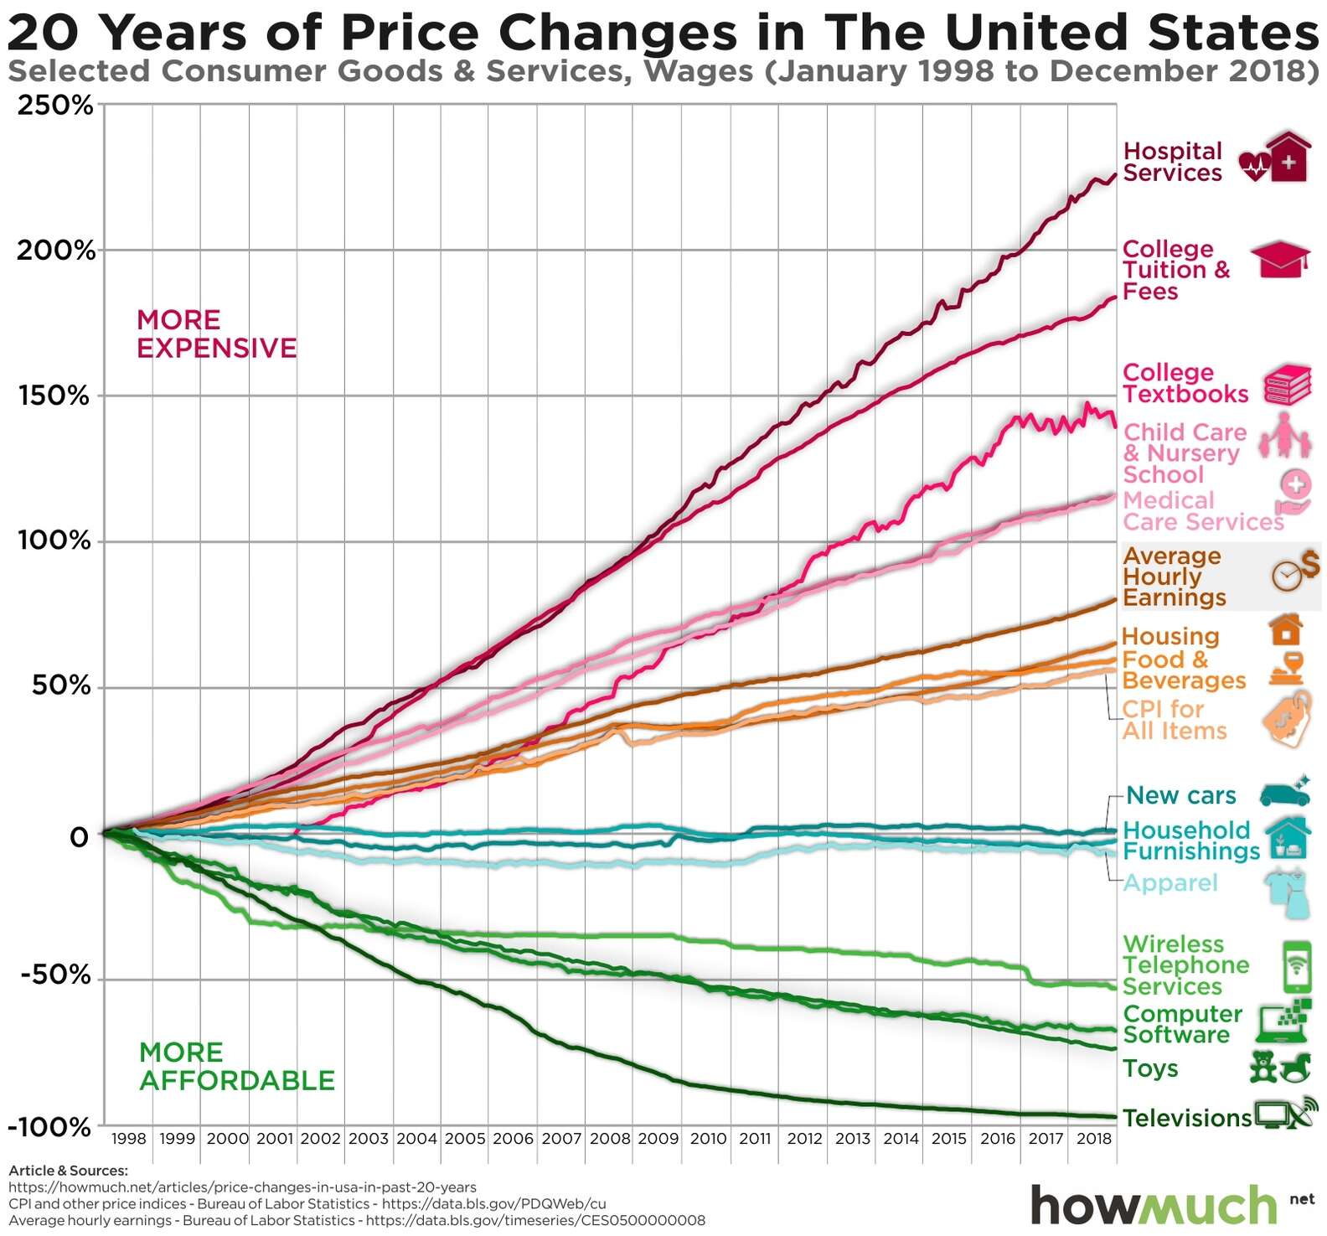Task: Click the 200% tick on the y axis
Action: tap(55, 251)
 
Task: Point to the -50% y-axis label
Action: tap(55, 975)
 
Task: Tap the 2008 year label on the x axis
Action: tap(610, 1139)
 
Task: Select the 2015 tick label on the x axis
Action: tap(949, 1139)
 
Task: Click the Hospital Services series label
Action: tap(1172, 162)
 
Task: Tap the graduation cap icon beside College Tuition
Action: tap(1279, 259)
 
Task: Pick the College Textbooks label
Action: tap(1185, 384)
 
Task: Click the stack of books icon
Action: tap(1288, 385)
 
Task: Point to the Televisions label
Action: tap(1186, 1118)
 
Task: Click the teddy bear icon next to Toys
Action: tap(1262, 1067)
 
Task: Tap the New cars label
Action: tap(1180, 795)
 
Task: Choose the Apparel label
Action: tap(1170, 882)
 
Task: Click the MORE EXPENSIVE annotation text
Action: tap(216, 334)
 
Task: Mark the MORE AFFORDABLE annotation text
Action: tap(236, 1066)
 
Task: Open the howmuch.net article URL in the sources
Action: tap(242, 1187)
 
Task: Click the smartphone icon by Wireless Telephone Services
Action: tap(1297, 965)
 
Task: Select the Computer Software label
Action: tap(1181, 1024)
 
